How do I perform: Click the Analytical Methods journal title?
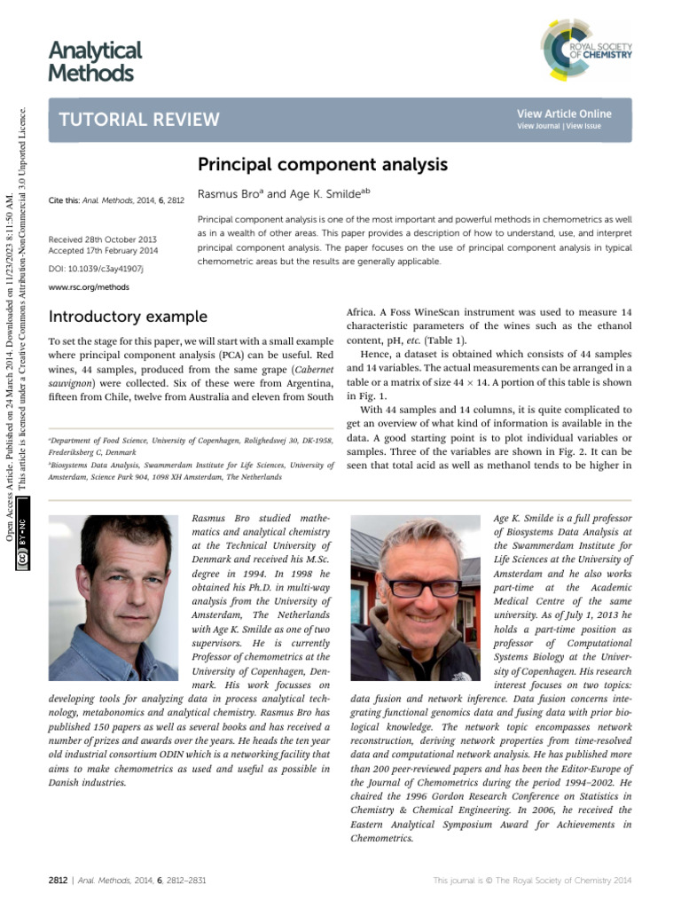point(95,61)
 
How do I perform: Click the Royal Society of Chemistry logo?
point(585,49)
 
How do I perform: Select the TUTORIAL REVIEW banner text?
point(138,120)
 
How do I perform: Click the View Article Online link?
point(564,113)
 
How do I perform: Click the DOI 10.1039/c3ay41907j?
point(96,268)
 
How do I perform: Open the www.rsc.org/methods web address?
point(89,287)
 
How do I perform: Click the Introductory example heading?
point(128,317)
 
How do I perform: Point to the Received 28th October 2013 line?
point(102,239)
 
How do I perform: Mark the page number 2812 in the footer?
point(59,880)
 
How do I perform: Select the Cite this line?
point(116,201)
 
